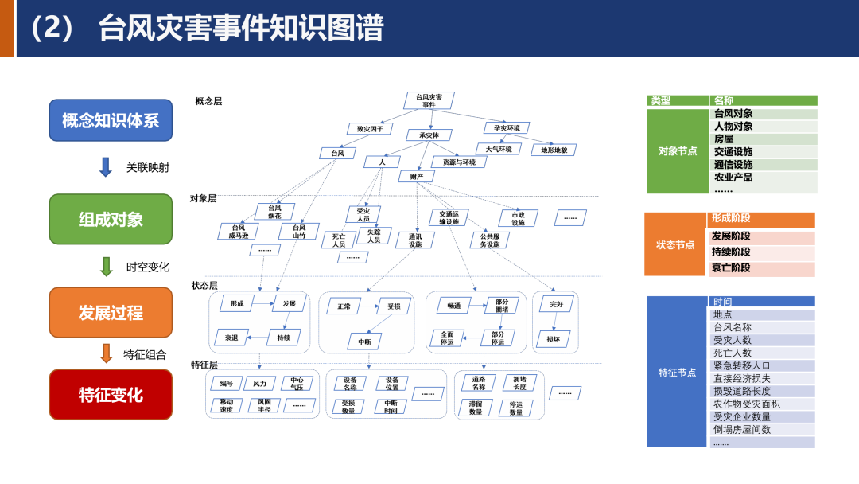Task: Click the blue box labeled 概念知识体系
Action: click(111, 121)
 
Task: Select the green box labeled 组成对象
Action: click(111, 219)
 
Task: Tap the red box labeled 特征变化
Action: click(111, 394)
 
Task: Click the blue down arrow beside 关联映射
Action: click(106, 167)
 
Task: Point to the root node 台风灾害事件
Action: click(429, 100)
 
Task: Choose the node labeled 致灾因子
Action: click(370, 128)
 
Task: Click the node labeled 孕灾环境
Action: click(507, 128)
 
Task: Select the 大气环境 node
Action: click(499, 149)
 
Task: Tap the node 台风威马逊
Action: click(239, 232)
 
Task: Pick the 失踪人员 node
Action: click(374, 236)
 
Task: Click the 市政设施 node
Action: click(518, 218)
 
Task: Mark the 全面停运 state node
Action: click(447, 338)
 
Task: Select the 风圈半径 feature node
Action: click(264, 406)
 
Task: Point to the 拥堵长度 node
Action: click(519, 383)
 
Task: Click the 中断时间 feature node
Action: click(390, 406)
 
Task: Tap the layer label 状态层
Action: click(204, 285)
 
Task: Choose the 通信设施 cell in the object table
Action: click(733, 165)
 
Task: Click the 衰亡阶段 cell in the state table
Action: click(731, 268)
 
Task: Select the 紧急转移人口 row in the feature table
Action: click(741, 365)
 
